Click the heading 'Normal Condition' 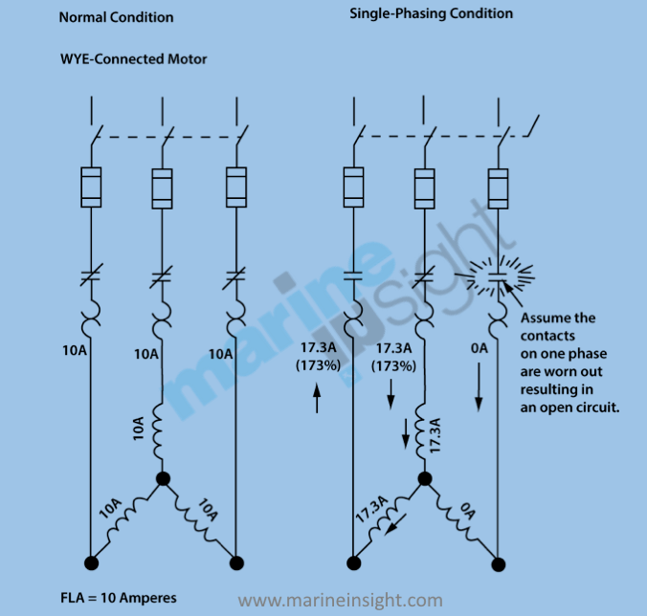116,17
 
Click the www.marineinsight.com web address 341,601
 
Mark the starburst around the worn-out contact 498,276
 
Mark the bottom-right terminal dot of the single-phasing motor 498,561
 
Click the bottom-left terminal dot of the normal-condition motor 91,561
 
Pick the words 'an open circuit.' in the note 567,407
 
